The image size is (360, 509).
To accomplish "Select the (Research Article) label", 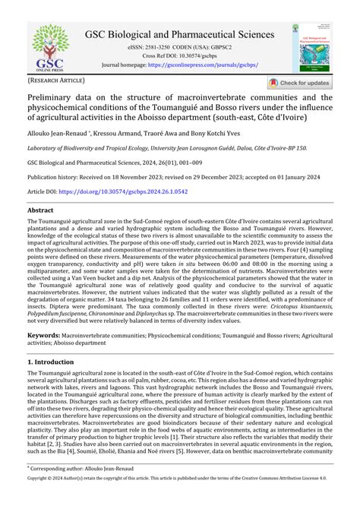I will click(x=57, y=79).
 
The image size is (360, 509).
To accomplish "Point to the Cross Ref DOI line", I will click(x=179, y=56).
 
